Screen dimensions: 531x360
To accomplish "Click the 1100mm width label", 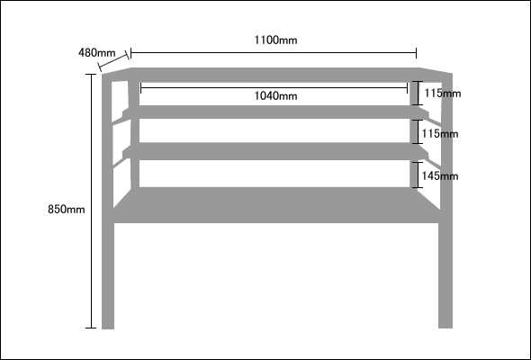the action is tap(275, 40).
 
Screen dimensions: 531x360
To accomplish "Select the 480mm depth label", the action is tap(97, 53).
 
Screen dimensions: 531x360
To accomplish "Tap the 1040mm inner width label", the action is tap(275, 96).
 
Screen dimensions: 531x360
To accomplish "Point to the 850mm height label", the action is tap(66, 210).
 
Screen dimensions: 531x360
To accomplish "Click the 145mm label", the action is tap(440, 176).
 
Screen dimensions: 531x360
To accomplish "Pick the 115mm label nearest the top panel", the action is tap(443, 93).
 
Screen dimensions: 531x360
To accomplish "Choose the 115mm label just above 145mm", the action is tap(440, 134).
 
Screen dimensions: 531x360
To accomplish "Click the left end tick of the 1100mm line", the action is tap(131, 53).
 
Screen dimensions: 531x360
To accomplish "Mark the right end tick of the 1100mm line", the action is tap(416, 53).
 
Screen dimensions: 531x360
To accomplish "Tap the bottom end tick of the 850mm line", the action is tap(91, 328).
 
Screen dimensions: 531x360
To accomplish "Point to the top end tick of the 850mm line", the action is tap(91, 74).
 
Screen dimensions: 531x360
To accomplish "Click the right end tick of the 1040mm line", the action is tap(407, 88).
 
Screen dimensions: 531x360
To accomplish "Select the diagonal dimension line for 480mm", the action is tap(113, 61).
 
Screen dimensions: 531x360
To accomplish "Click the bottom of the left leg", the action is tap(108, 328).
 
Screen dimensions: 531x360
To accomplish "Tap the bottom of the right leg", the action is tap(445, 327).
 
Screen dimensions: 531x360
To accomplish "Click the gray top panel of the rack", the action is tap(277, 75).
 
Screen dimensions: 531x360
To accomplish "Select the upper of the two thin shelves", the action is tap(276, 112).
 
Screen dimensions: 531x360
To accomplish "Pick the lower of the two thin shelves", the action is tap(276, 151).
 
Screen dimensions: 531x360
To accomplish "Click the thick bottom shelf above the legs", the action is tap(276, 205).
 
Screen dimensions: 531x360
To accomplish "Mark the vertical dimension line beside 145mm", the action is tap(418, 175).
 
